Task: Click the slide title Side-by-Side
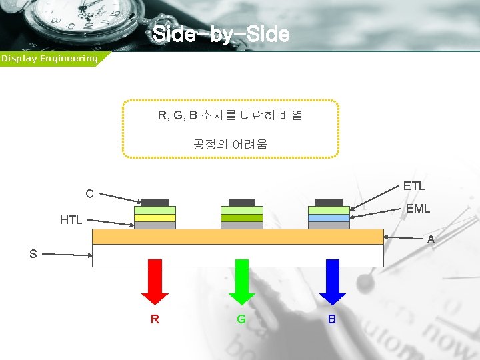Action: pos(221,34)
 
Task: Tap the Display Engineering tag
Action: pos(49,59)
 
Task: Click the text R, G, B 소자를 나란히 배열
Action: pos(230,115)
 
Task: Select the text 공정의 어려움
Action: pos(230,144)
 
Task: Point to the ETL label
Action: pos(414,185)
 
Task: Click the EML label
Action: pos(418,209)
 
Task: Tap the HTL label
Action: pos(71,219)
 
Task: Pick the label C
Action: pos(89,194)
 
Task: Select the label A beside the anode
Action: pos(431,239)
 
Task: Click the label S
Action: pos(33,254)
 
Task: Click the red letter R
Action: pos(155,319)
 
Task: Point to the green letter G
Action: pos(241,319)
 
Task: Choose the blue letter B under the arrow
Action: pos(332,319)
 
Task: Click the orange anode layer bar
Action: pos(237,237)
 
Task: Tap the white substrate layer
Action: pos(237,255)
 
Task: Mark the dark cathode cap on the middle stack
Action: pos(242,202)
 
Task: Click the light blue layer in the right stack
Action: pos(329,218)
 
